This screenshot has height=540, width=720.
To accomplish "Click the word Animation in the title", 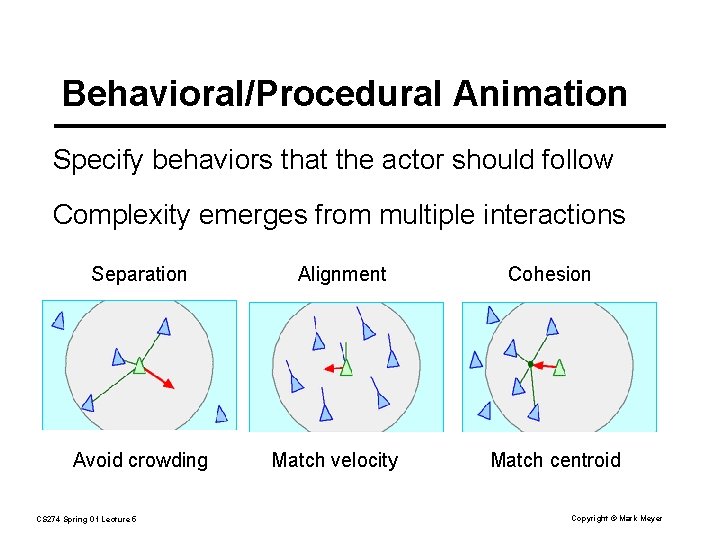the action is (540, 94).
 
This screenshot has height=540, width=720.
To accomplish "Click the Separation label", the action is (139, 274).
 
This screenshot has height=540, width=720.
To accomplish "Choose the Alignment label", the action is (342, 274).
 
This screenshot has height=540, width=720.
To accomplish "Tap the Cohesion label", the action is (549, 274).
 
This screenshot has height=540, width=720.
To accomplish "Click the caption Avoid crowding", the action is (140, 460).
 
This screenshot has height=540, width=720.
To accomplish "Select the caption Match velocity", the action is (335, 460).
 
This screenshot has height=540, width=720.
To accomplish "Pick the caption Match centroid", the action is (555, 460).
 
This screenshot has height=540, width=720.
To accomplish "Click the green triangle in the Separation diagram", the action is (140, 366).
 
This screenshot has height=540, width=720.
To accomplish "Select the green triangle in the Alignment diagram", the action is (346, 367).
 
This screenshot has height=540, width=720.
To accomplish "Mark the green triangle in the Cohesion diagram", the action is (560, 367).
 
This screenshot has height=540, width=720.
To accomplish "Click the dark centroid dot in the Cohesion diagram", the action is (530, 364).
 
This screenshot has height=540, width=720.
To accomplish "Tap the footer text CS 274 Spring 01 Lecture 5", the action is (86, 518).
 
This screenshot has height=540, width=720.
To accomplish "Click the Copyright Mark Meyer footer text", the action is (616, 518).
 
